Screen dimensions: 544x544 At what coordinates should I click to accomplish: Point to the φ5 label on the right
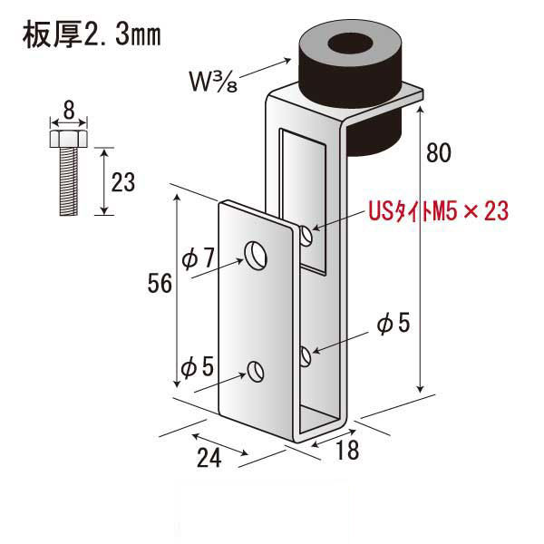pyautogui.click(x=393, y=322)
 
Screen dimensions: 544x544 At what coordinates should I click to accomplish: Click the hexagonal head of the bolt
pyautogui.click(x=68, y=140)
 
